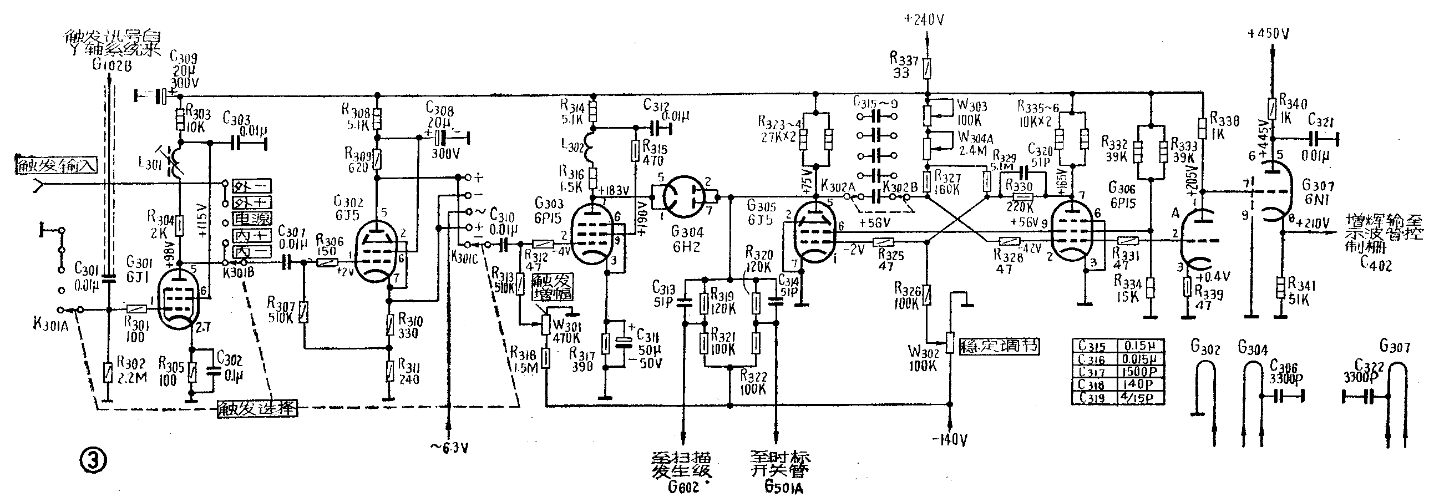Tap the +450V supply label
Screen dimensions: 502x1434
1270,34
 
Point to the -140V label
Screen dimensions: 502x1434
950,440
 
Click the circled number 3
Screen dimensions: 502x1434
93,460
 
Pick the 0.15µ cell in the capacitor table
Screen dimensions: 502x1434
1141,346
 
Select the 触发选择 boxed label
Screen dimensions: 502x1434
257,409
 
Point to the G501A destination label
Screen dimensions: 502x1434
784,488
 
